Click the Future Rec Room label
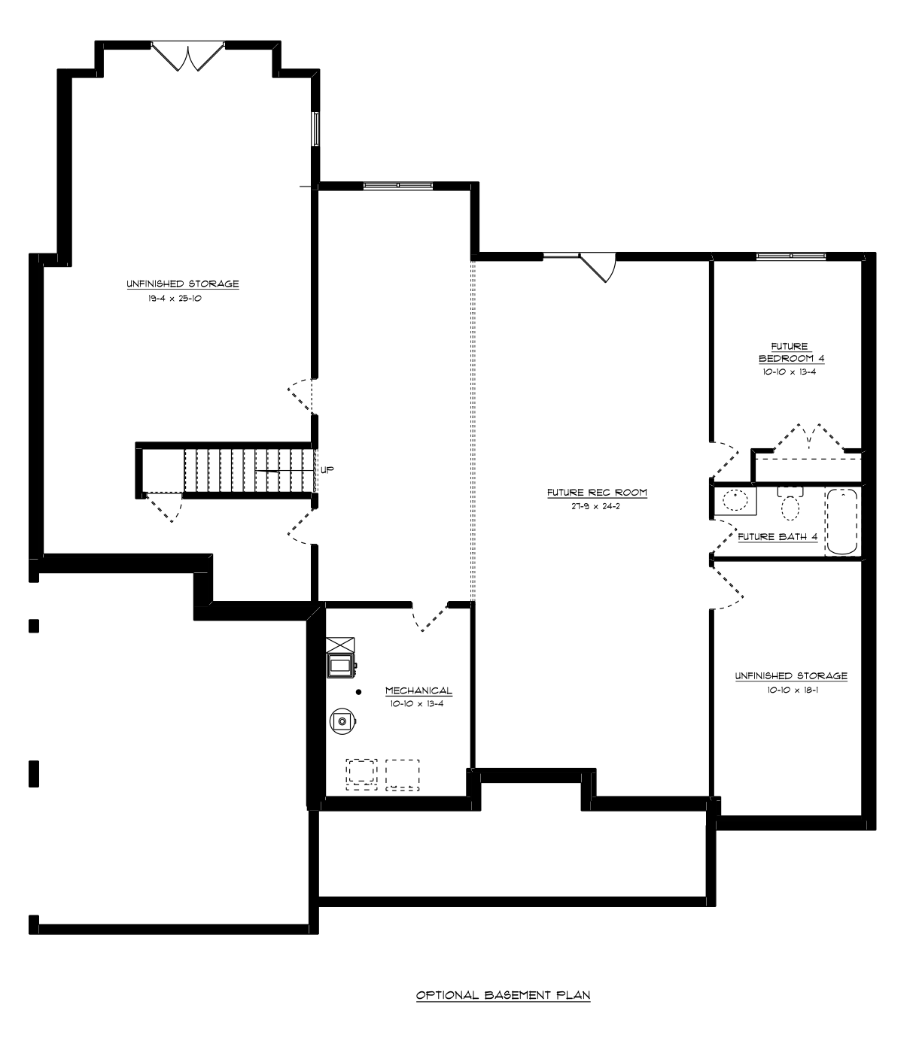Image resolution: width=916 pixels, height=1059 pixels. coord(597,493)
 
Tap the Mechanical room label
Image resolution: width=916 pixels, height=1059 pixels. coord(418,690)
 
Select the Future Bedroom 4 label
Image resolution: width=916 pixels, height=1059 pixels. coord(791,353)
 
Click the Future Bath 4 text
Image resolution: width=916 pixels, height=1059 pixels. coord(777,537)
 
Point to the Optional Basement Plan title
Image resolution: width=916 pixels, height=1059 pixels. coord(503,995)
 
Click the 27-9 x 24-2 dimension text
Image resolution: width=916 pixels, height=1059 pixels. coord(595,506)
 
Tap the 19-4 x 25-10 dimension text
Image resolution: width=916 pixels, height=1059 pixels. coord(175,298)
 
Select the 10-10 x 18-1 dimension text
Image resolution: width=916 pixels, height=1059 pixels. coord(793,690)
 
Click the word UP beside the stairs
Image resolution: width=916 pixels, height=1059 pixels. coord(327,470)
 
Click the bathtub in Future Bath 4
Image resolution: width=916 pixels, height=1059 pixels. coord(841,521)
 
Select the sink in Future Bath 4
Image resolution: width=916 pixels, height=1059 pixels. coord(735,501)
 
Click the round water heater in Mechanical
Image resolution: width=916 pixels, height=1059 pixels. coord(343,721)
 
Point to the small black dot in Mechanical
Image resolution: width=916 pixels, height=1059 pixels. coord(359,692)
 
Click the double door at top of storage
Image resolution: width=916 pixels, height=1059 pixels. coord(188,56)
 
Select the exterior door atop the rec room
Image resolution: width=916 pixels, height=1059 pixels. coord(597,267)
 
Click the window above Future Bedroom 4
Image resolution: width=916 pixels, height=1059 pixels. coord(791,256)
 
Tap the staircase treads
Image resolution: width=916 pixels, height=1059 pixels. coord(248,470)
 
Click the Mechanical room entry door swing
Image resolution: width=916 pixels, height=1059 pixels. coord(430,617)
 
